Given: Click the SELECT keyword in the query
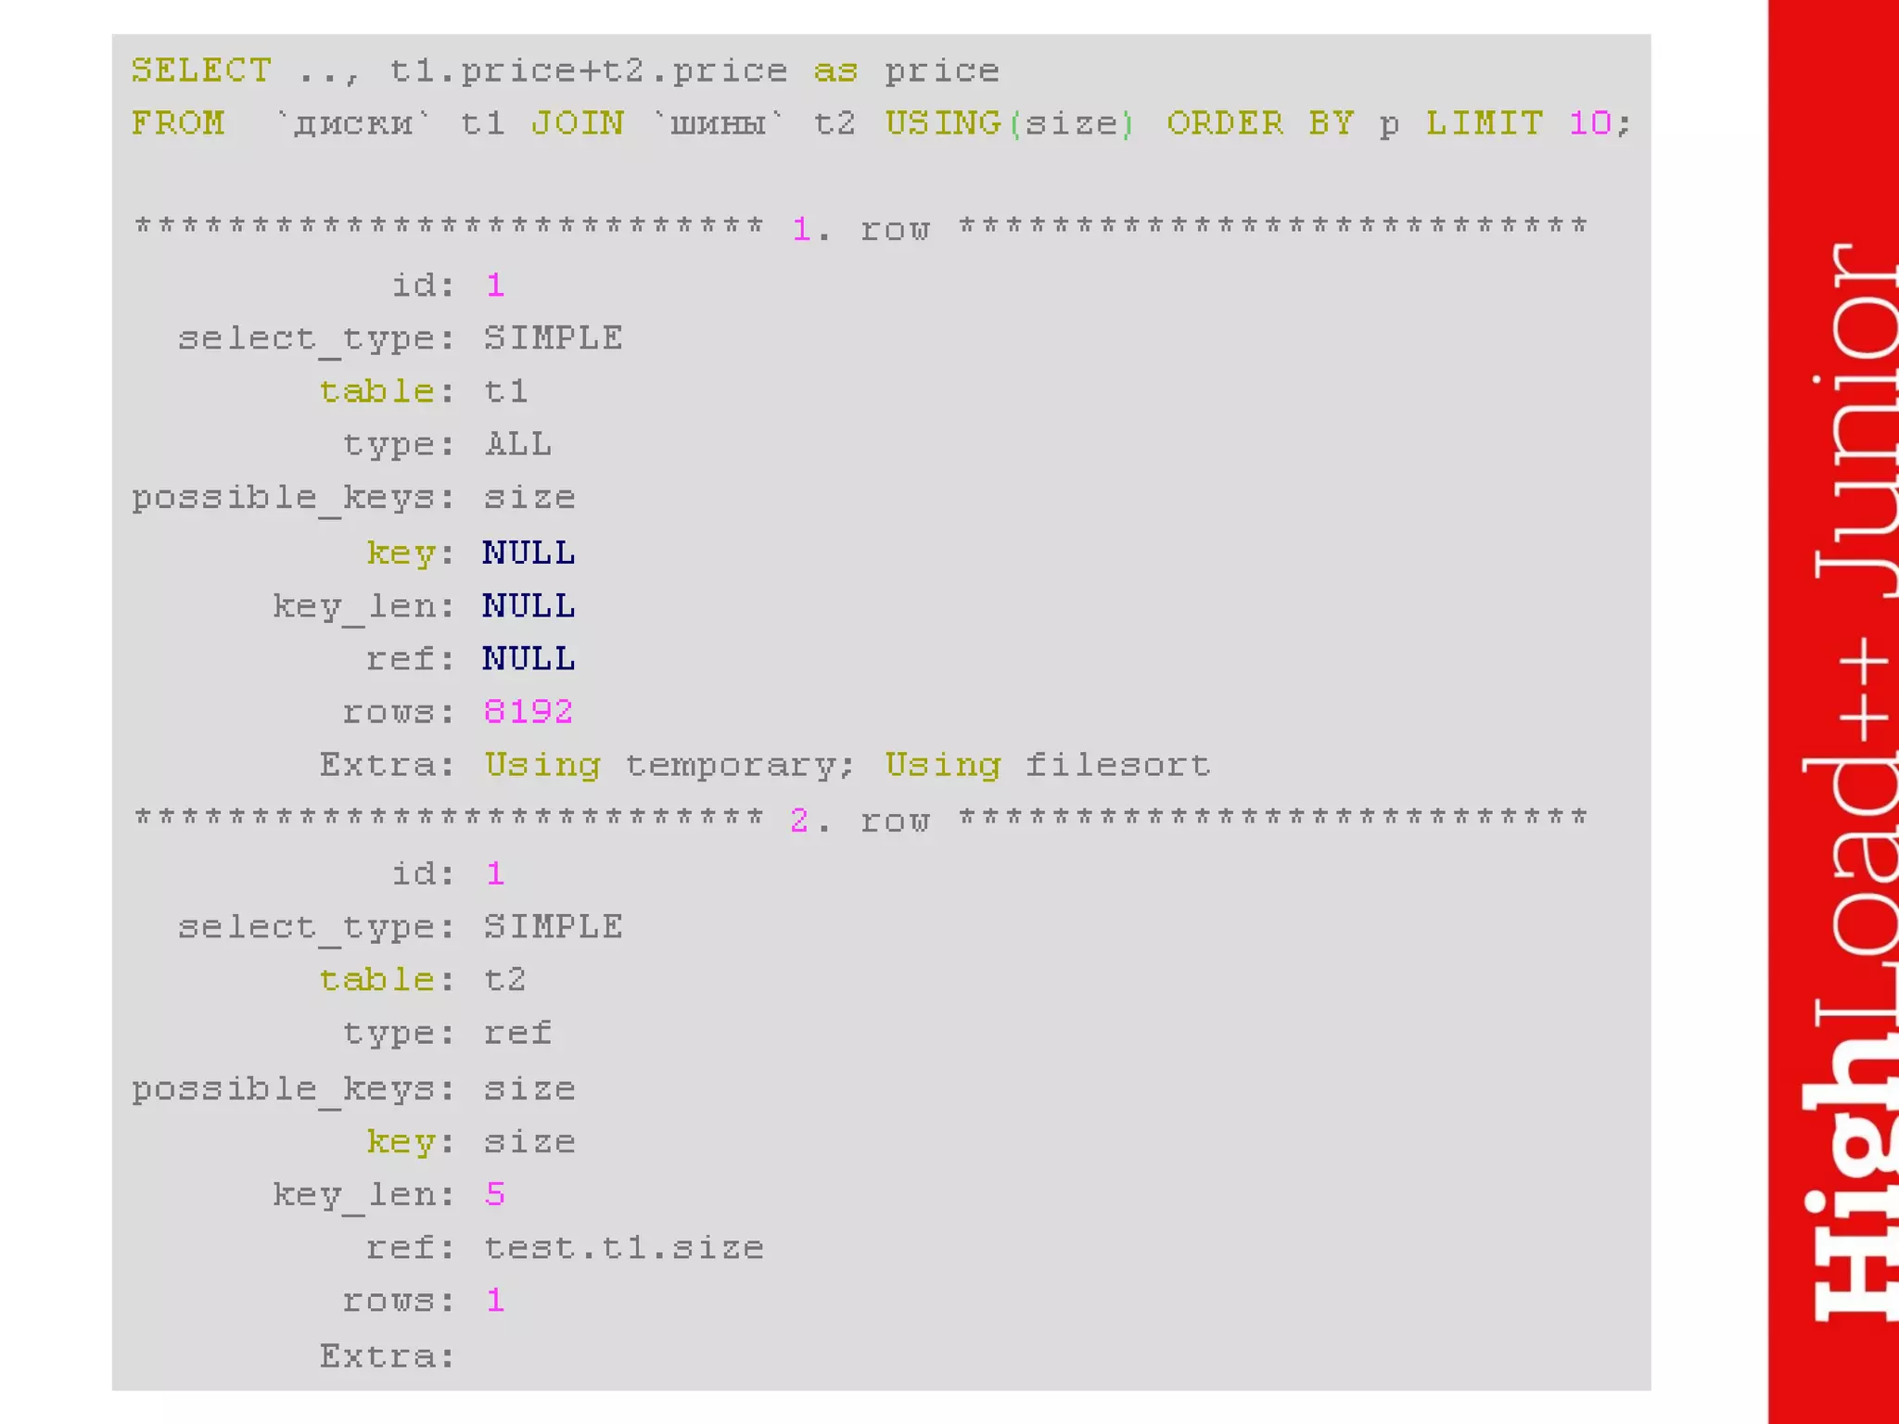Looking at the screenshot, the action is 201,70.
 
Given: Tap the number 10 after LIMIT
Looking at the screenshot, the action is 1589,123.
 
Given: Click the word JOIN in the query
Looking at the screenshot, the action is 577,123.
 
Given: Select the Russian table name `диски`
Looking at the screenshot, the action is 353,123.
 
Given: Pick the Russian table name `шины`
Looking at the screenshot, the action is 719,123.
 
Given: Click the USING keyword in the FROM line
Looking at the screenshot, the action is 942,123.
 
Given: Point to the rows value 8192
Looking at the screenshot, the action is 528,712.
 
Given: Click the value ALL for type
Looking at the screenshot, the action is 517,445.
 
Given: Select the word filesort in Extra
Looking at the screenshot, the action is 1117,766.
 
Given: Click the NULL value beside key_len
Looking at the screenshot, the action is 529,606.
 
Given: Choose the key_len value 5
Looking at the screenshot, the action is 494,1194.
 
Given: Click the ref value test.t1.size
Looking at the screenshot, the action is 623,1248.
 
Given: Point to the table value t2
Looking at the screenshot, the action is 505,980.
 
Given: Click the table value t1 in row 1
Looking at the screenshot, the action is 505,391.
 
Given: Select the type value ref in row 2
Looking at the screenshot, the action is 517,1034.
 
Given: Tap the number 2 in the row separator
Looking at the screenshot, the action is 798,820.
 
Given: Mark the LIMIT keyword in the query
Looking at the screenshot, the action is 1485,123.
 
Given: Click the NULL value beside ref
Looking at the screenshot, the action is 529,659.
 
